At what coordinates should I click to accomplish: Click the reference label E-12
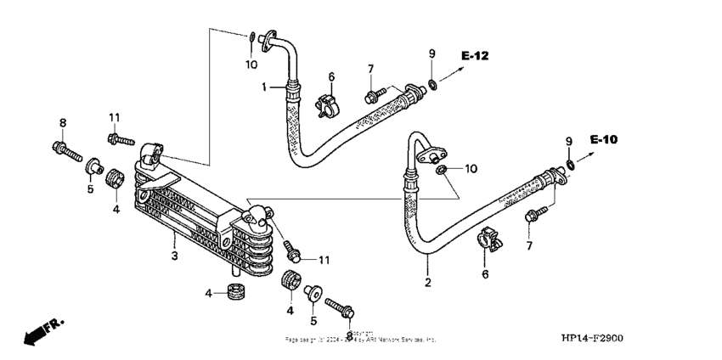pos(476,56)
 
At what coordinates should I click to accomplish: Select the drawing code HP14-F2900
pos(592,339)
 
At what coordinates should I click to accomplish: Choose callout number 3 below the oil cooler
pos(173,256)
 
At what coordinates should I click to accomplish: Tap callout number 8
pos(62,123)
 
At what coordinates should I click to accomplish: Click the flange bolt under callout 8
pos(67,154)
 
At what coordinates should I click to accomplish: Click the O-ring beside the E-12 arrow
pos(433,82)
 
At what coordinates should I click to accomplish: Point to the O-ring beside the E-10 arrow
pos(569,163)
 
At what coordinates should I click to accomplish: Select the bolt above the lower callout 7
pos(534,215)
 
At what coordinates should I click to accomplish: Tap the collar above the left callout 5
pos(93,165)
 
